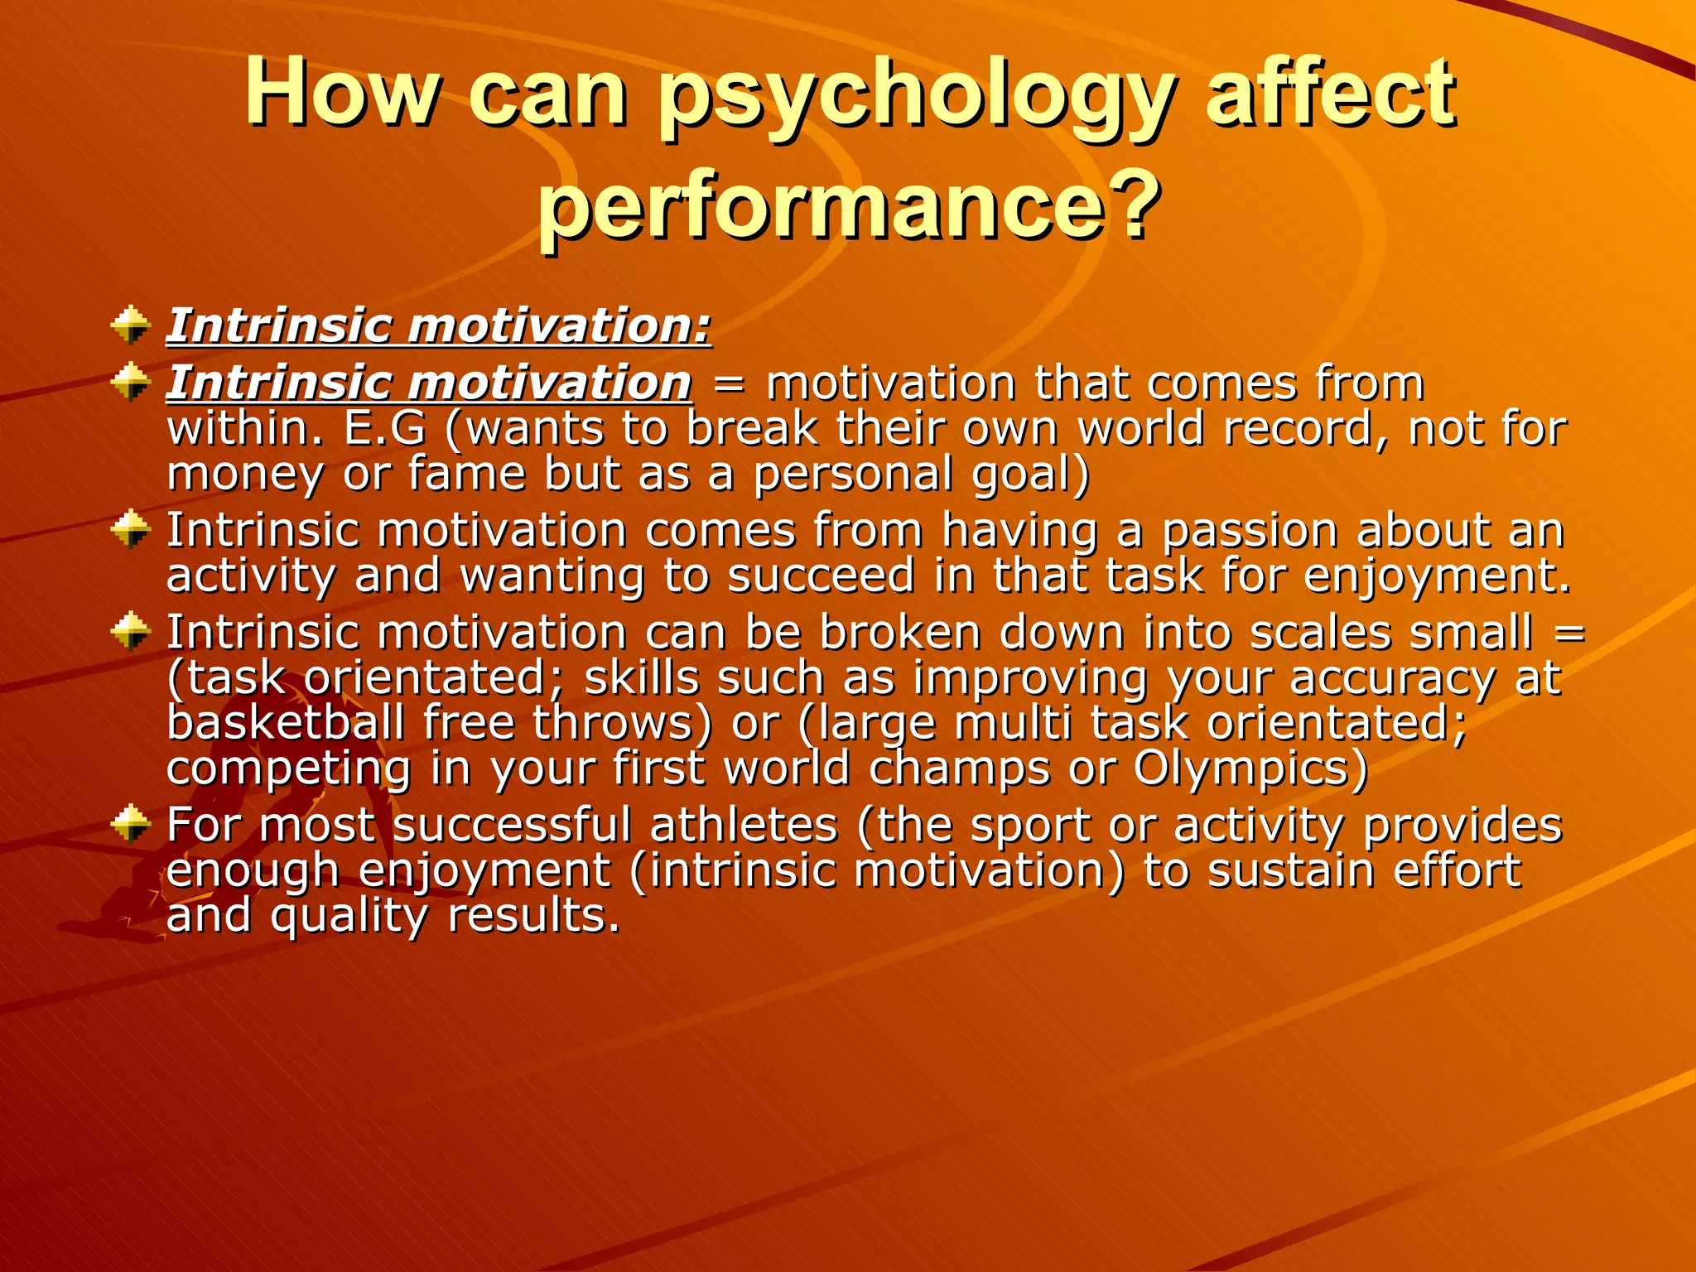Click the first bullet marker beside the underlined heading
(130, 325)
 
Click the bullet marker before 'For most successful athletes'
(130, 824)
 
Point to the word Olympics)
(1250, 768)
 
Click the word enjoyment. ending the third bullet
(1437, 577)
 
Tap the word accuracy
(1392, 679)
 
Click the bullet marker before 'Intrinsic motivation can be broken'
(130, 634)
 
